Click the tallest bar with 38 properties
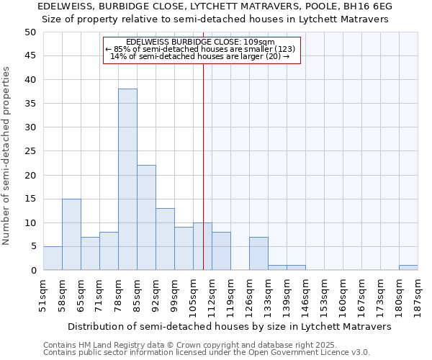click(127, 179)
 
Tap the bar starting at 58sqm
click(71, 234)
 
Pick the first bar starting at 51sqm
click(53, 258)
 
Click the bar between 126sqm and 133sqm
click(258, 253)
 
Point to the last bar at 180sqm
click(408, 268)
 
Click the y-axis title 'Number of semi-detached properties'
click(7, 156)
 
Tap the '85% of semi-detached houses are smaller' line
click(200, 50)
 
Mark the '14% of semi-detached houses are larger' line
click(200, 57)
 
